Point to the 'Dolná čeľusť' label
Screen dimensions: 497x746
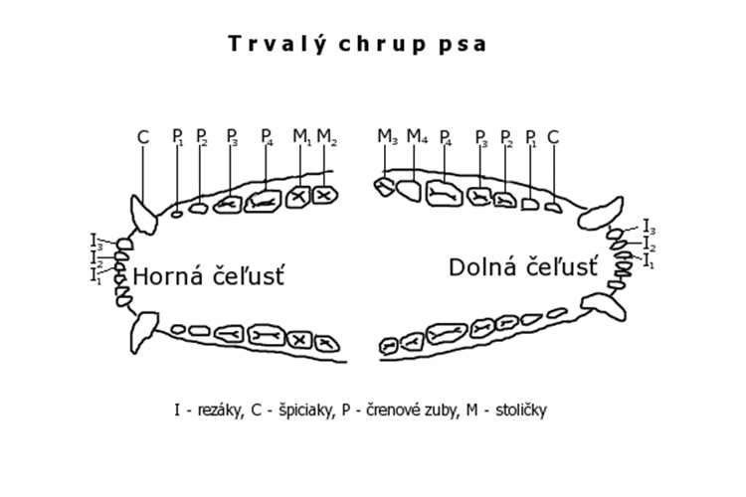click(523, 266)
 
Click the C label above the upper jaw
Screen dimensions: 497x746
click(143, 137)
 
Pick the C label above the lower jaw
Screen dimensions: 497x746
click(553, 137)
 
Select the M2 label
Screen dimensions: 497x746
click(327, 137)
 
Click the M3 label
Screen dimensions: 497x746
click(388, 137)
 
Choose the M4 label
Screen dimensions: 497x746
click(417, 137)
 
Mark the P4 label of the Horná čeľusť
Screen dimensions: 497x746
click(267, 137)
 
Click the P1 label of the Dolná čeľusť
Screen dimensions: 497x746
click(531, 137)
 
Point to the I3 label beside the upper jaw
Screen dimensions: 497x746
click(96, 241)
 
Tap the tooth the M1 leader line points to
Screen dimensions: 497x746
click(298, 198)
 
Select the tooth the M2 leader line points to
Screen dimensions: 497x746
click(323, 196)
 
